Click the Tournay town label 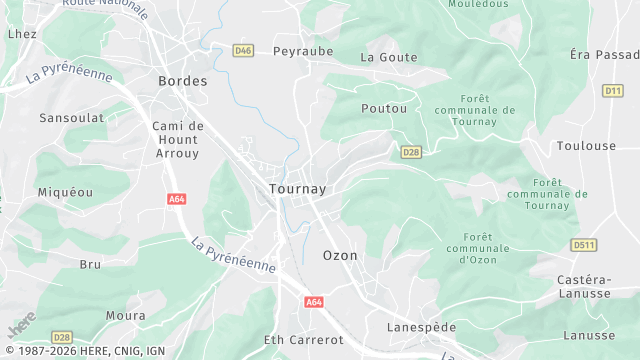[297, 189]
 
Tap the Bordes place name [183, 81]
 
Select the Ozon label [340, 255]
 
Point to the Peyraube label [302, 51]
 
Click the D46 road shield [243, 50]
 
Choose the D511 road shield [584, 244]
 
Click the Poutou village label [383, 107]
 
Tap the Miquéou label [64, 191]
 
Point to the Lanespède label [421, 327]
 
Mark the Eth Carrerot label [304, 340]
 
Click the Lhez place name [22, 34]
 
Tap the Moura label [125, 315]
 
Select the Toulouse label [586, 146]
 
